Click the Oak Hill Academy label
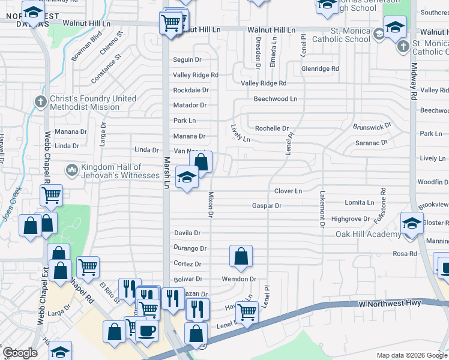(367, 234)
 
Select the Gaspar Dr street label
(267, 205)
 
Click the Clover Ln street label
(288, 191)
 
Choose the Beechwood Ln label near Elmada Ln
(276, 98)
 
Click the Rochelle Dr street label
(272, 128)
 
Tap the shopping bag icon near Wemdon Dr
(241, 256)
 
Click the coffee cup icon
(146, 331)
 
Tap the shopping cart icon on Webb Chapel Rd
(52, 195)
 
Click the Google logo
(19, 353)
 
